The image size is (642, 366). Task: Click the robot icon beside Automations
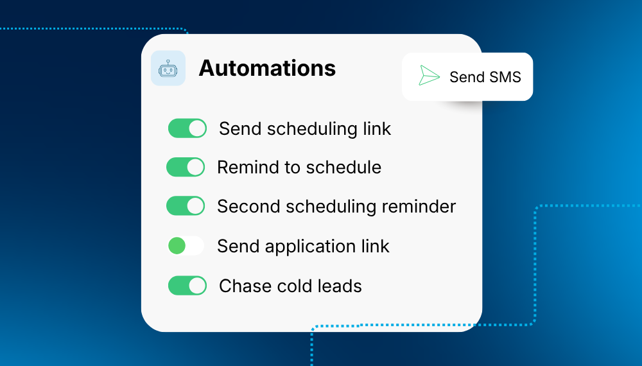(168, 68)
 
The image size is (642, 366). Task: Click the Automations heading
(267, 68)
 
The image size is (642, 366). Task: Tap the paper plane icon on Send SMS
(429, 76)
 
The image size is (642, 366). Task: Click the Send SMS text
(485, 77)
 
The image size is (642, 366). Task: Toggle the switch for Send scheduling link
(187, 128)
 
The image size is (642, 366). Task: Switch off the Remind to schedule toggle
(186, 167)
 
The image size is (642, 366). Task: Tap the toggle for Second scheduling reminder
(186, 205)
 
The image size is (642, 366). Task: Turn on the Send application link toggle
(186, 246)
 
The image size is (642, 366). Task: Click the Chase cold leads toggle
(187, 285)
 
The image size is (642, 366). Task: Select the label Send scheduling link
(305, 129)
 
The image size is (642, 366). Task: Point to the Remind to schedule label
(299, 167)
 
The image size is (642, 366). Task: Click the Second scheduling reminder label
(336, 206)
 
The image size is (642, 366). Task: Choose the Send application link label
(304, 247)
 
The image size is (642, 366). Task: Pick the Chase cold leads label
(291, 286)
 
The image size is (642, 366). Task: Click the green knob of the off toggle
(177, 246)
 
